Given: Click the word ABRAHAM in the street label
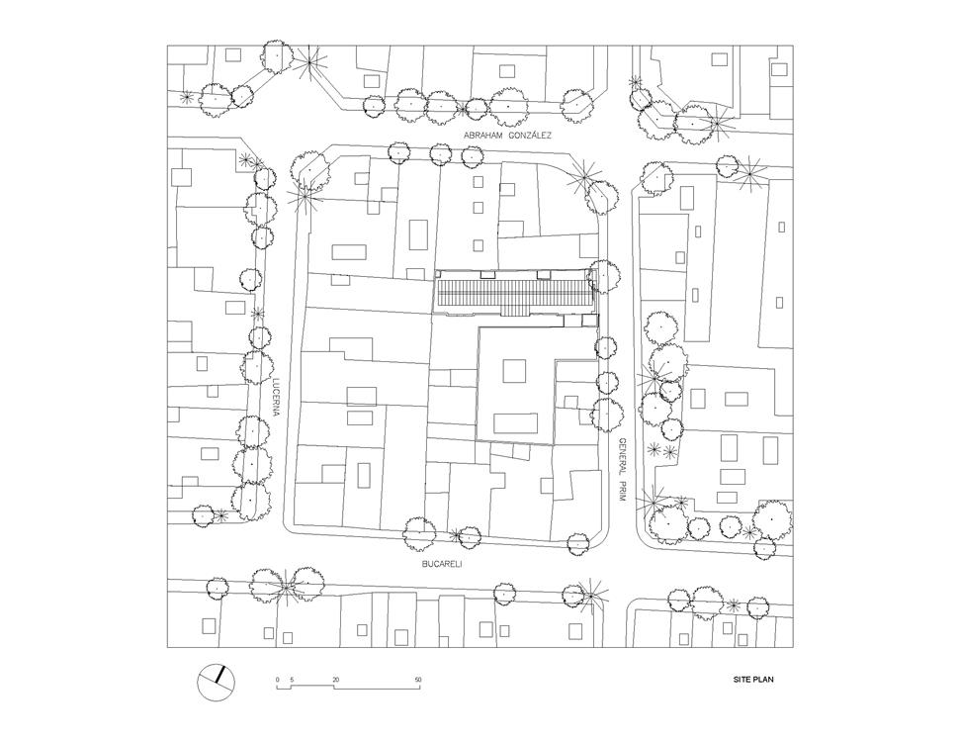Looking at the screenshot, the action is [481, 136].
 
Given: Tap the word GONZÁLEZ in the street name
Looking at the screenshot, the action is [529, 136].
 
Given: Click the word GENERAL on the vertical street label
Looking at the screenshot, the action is [621, 456].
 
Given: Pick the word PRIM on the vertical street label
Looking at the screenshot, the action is [621, 492].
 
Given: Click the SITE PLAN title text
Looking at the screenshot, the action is [753, 680].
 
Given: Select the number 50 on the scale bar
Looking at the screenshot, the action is [418, 680].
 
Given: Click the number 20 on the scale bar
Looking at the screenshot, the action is [335, 680].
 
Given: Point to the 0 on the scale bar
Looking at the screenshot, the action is [278, 680].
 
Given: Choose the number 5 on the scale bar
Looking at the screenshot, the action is [292, 680].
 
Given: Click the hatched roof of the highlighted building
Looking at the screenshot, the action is [513, 293].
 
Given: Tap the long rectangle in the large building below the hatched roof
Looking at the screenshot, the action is [516, 423].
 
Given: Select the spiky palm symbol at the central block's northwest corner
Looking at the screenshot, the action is [305, 197].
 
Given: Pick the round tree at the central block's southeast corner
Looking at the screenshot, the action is [578, 543].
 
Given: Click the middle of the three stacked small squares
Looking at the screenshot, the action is [479, 208].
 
